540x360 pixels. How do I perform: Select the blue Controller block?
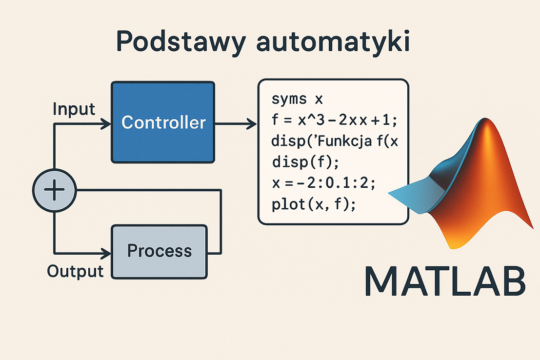tap(163, 122)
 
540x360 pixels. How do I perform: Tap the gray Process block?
tap(159, 251)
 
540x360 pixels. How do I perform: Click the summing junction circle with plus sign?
tap(54, 190)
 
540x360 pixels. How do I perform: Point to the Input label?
tap(74, 109)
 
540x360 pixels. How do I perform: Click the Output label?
tap(75, 271)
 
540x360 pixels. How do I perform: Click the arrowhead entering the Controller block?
tap(106, 124)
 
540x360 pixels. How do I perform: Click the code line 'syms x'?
tap(297, 99)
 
